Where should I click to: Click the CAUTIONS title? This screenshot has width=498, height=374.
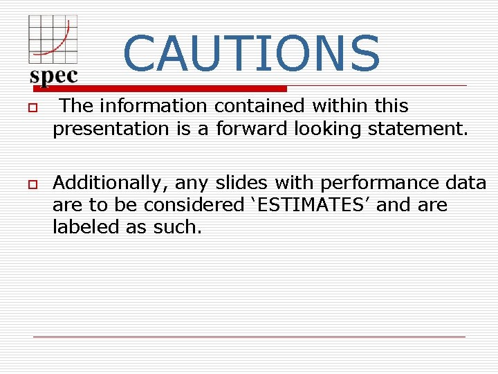tap(251, 53)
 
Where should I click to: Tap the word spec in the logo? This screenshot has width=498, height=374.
tap(54, 75)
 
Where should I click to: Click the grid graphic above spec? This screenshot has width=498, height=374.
tap(52, 39)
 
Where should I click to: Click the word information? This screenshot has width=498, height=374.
tap(152, 106)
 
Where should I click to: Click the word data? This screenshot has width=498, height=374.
tap(466, 183)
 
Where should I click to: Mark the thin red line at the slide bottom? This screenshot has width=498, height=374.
tap(249, 337)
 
